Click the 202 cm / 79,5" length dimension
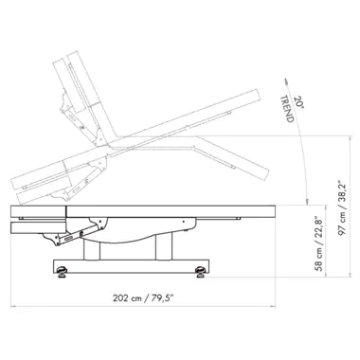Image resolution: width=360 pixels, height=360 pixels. [x=144, y=297]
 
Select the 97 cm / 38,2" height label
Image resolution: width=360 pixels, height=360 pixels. [x=343, y=207]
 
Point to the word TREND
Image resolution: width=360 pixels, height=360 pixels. [x=287, y=108]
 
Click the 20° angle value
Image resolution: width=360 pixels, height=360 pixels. [x=299, y=102]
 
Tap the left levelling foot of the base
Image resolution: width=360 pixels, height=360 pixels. [x=62, y=272]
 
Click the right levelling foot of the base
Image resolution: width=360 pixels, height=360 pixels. [x=200, y=272]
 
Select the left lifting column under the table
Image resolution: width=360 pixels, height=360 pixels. [x=92, y=250]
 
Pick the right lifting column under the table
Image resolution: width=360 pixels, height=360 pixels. [x=164, y=246]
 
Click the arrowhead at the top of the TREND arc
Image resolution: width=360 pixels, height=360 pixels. [x=286, y=81]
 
